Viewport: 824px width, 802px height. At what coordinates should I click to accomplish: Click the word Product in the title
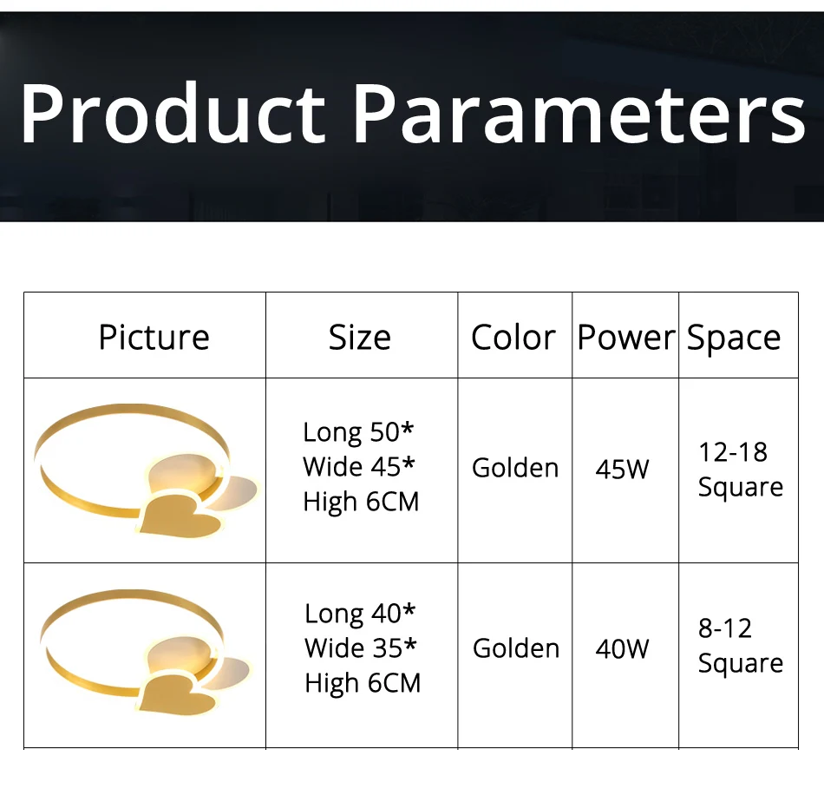(173, 113)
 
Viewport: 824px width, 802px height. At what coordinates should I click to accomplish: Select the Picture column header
(154, 337)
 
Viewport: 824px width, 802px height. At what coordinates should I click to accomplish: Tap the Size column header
(360, 337)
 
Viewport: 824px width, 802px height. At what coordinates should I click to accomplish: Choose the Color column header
(513, 337)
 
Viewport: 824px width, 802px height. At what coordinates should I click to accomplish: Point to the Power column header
(625, 337)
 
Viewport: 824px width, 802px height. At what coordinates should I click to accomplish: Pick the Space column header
(734, 338)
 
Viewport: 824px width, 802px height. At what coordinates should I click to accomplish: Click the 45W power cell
(622, 469)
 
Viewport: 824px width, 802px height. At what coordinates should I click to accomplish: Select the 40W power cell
(622, 649)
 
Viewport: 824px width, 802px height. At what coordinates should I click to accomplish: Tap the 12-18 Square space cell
(741, 470)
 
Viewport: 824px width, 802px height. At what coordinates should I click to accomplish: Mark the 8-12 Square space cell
(741, 646)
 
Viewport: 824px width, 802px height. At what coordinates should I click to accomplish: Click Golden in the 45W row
(515, 468)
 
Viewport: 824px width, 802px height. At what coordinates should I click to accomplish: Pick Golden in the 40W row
(516, 648)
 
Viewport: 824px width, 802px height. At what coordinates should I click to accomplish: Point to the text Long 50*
(358, 433)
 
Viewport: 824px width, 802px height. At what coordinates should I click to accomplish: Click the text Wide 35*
(361, 648)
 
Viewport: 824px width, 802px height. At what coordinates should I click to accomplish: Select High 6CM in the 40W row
(363, 682)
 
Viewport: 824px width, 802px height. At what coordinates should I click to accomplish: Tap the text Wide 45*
(359, 466)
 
